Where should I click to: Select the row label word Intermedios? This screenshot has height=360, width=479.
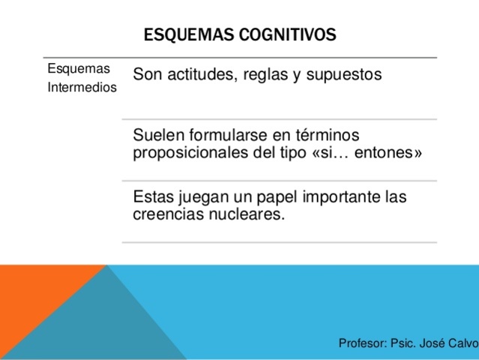click(x=81, y=88)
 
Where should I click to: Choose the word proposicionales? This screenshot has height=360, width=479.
click(x=190, y=153)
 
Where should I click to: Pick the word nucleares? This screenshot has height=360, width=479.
click(x=247, y=214)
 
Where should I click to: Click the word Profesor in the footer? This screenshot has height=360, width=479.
click(x=361, y=343)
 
